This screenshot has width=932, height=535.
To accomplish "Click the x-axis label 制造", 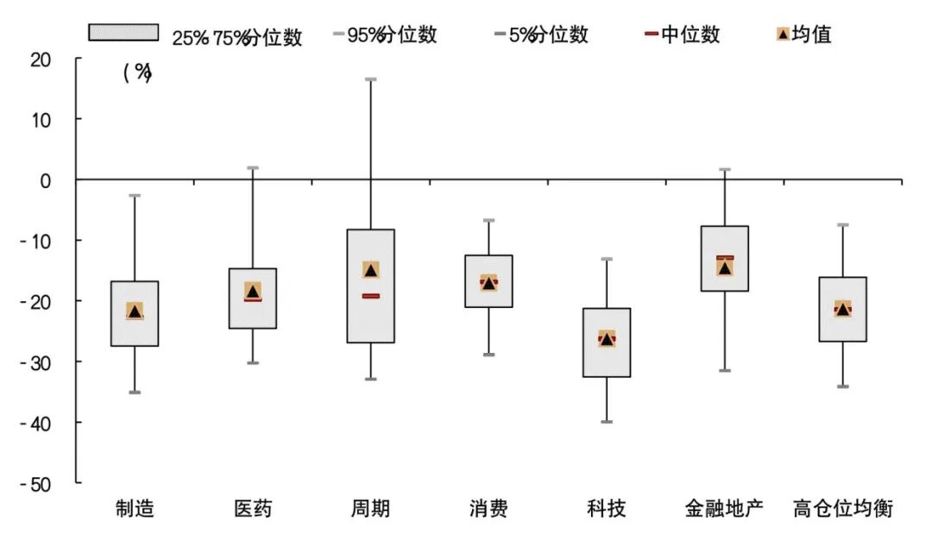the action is click(x=135, y=508).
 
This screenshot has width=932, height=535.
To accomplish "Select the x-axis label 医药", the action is click(x=253, y=508).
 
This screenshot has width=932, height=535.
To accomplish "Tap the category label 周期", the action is click(x=370, y=508).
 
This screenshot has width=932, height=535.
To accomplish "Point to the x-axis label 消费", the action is click(x=488, y=508).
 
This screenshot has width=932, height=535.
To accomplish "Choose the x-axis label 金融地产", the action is click(x=724, y=508).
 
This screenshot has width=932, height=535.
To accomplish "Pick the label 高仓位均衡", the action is click(x=842, y=508).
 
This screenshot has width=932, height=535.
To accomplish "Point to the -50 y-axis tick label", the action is click(x=36, y=483).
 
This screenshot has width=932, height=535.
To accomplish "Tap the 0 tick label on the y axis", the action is click(x=47, y=179).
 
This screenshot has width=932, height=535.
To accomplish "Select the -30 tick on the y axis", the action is click(x=36, y=362).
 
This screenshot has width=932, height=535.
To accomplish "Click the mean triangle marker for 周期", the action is click(x=371, y=270).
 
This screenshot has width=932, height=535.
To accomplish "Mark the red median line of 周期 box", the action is click(x=370, y=296).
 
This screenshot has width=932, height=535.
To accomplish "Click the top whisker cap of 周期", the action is click(x=370, y=79).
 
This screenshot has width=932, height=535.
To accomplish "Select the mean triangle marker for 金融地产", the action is click(x=725, y=267).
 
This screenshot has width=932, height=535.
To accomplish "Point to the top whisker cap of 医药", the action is click(x=253, y=167).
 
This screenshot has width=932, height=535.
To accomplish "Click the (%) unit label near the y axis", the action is click(x=136, y=73).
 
